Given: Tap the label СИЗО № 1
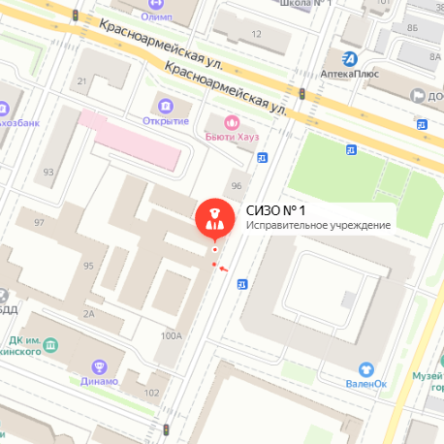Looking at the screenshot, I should [276, 210].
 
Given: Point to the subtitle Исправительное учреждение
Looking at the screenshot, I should [317, 226].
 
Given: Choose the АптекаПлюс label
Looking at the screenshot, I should [348, 73].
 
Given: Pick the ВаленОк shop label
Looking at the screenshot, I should [366, 383].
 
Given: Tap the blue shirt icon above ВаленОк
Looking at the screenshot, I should [366, 368].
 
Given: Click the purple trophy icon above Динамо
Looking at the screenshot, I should [97, 366].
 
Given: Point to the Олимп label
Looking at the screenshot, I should [156, 17].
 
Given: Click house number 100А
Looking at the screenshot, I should [172, 336].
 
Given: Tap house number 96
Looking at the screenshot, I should [235, 185].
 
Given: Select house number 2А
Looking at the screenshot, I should [89, 314].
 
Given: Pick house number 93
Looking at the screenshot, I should [48, 173].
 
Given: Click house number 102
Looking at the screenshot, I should [150, 393].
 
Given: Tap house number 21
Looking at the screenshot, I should [82, 81].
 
